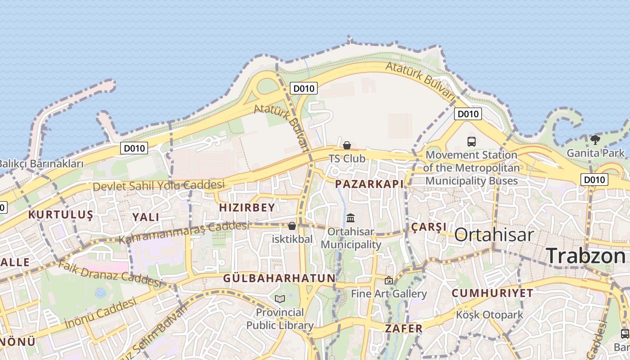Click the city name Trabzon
pyautogui.click(x=585, y=256)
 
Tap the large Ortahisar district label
pyautogui.click(x=494, y=234)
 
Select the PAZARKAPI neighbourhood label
pyautogui.click(x=369, y=184)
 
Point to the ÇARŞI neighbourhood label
pyautogui.click(x=429, y=227)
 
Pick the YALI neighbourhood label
pyautogui.click(x=146, y=217)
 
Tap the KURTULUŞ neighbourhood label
pyautogui.click(x=61, y=215)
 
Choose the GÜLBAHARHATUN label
pyautogui.click(x=279, y=278)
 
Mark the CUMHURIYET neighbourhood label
pyautogui.click(x=492, y=293)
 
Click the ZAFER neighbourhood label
pyautogui.click(x=404, y=328)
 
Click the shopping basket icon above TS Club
pyautogui.click(x=347, y=145)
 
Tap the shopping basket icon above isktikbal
pyautogui.click(x=292, y=225)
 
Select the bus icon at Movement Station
pyautogui.click(x=472, y=142)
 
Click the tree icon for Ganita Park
pyautogui.click(x=595, y=139)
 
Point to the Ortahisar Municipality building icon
pyautogui.click(x=351, y=218)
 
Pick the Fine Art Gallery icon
pyautogui.click(x=389, y=280)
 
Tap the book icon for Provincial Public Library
pyautogui.click(x=280, y=298)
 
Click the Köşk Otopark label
pyautogui.click(x=490, y=315)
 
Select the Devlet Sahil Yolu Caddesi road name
pyautogui.click(x=158, y=185)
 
